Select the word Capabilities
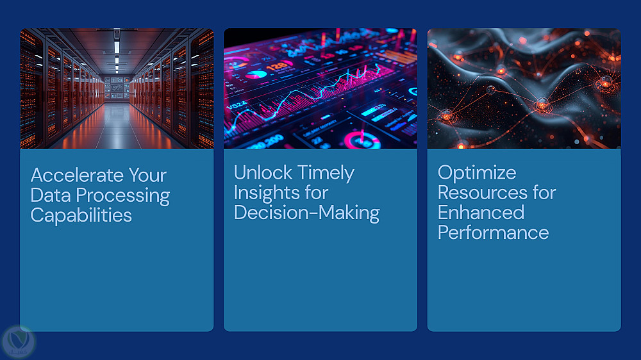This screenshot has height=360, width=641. point(81,216)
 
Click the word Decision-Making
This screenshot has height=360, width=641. point(306,213)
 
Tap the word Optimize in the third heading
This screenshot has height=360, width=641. point(477,173)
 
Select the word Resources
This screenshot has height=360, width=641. point(483,192)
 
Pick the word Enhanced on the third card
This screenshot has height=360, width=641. point(481,213)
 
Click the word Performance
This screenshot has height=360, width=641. point(493,233)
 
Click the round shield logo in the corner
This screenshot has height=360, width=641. point(19,341)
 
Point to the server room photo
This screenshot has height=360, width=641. point(117,88)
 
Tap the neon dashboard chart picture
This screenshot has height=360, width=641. point(320,88)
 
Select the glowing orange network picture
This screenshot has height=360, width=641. point(524,88)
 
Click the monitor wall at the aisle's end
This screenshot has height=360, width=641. point(117,88)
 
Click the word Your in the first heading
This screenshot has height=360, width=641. point(147,176)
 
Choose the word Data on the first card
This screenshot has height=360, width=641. point(51,195)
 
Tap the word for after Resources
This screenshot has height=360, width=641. point(544,192)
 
